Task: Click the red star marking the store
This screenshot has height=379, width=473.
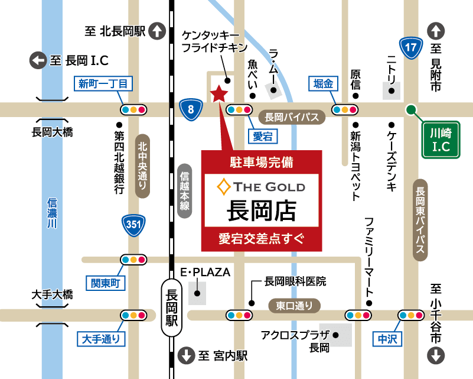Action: tap(219, 93)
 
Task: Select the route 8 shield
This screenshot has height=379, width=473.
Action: tap(190, 109)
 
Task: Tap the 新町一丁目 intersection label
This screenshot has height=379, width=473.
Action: tap(103, 83)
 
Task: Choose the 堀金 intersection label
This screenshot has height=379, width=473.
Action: tap(323, 84)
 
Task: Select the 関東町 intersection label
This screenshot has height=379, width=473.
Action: tap(105, 283)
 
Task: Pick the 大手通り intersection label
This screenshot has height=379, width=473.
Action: tap(102, 339)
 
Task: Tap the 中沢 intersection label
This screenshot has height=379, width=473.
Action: tap(387, 339)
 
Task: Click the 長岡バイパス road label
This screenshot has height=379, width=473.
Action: tap(292, 117)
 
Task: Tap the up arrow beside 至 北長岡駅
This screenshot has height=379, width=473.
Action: tap(158, 31)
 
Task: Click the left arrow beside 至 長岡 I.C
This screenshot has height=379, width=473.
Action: tap(38, 60)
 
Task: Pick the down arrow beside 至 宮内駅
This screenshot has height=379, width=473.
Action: tap(187, 355)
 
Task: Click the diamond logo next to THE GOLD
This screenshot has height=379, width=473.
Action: tap(224, 187)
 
